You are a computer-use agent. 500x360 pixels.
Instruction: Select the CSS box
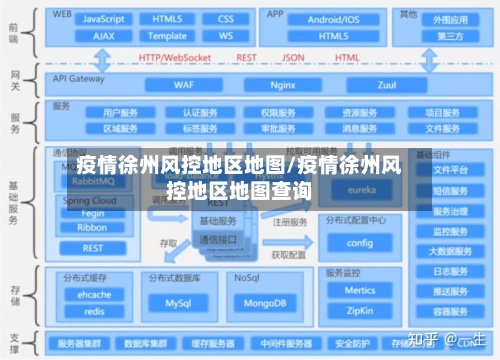[x=226, y=19]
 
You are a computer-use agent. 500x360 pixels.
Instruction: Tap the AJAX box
[x=104, y=35]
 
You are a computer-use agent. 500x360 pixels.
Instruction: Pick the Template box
[x=167, y=35]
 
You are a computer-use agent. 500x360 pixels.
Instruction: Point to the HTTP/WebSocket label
[x=175, y=57]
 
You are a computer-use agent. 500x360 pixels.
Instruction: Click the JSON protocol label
[x=293, y=57]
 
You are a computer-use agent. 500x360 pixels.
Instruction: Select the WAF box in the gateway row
[x=185, y=85]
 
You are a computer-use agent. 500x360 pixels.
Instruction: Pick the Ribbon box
[x=91, y=227]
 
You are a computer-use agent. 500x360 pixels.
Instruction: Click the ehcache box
[x=95, y=295]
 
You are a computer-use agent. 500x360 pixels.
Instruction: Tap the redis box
[x=95, y=311]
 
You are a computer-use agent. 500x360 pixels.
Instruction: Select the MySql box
[x=179, y=302]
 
